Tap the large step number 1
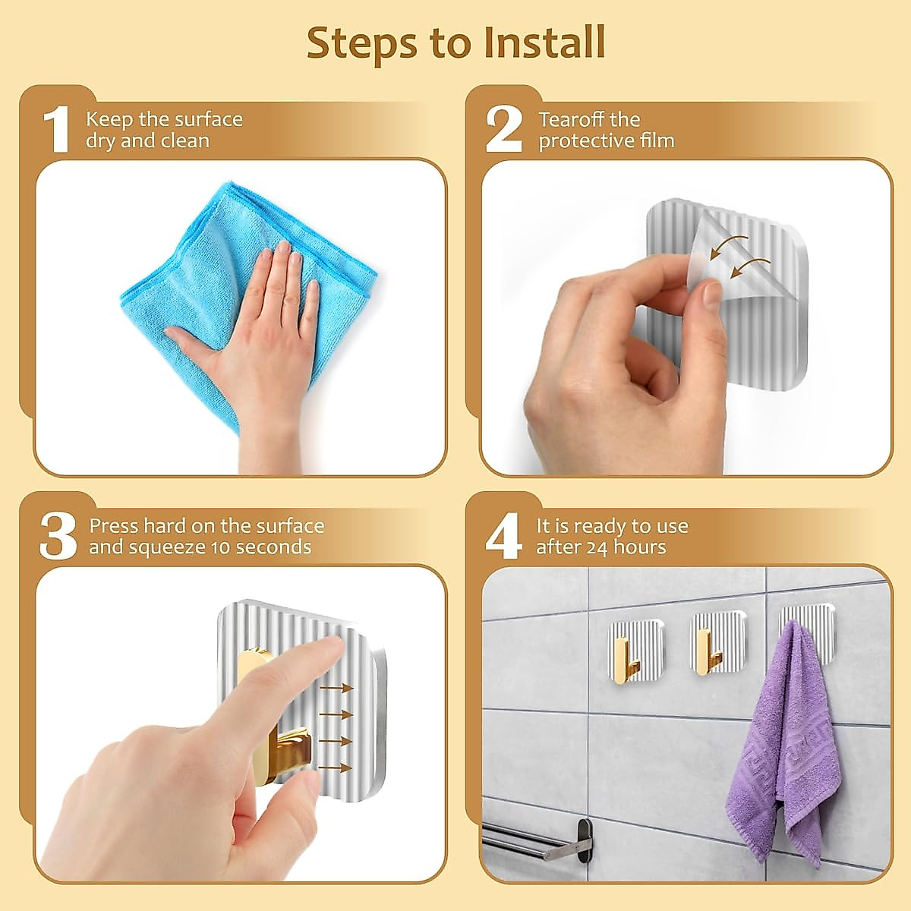tap(57, 129)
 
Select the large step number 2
tap(504, 129)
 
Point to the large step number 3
tap(58, 536)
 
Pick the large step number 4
tap(504, 536)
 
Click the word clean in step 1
tap(185, 141)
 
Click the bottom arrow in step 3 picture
tap(335, 768)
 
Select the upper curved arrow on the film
tap(729, 246)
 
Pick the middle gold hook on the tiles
tap(707, 651)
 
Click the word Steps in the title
tap(361, 43)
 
